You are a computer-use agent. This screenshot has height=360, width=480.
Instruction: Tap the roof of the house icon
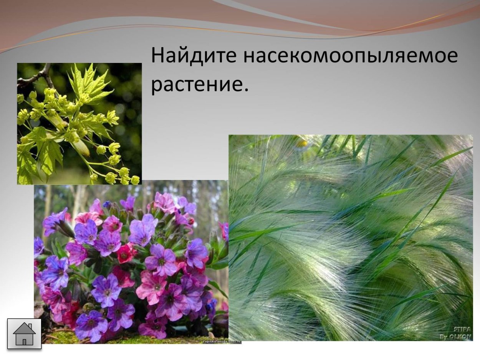click(x=24, y=328)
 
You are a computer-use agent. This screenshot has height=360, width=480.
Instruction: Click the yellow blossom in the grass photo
click(x=302, y=143)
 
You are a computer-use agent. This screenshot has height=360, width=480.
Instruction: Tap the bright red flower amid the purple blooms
click(x=126, y=254)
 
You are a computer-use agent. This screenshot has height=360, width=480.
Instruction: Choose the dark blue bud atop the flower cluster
click(x=106, y=205)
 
